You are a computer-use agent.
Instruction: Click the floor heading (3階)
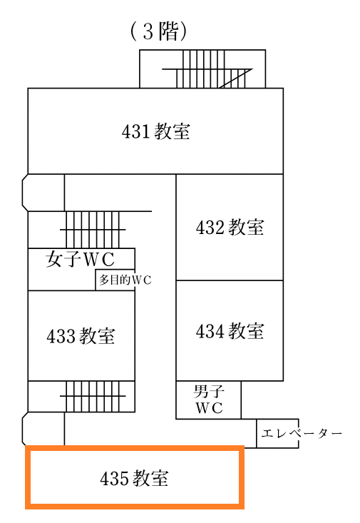[x=158, y=31]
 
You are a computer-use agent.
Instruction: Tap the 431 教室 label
[x=156, y=131]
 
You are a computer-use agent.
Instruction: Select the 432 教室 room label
[x=230, y=228]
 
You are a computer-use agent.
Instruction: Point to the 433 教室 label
[x=81, y=336]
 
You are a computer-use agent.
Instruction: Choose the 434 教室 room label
[x=230, y=331]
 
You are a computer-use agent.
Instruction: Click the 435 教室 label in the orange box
[x=134, y=478]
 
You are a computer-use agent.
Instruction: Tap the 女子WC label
[x=80, y=259]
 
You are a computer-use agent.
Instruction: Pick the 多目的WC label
[x=125, y=280]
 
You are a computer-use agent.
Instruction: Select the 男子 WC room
[x=208, y=400]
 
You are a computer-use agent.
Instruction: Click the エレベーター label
[x=302, y=434]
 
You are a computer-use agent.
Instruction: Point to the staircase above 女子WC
[x=93, y=230]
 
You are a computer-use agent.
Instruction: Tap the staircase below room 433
[x=93, y=396]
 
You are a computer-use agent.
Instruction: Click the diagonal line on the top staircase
[x=235, y=78]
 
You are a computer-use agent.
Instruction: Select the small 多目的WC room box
[x=115, y=280]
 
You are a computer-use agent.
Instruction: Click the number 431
[x=135, y=131]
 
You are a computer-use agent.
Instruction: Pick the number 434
[x=210, y=331]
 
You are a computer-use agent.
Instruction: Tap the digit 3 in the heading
[x=148, y=31]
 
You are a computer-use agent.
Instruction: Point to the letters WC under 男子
[x=209, y=408]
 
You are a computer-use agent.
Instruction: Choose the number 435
[x=113, y=478]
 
